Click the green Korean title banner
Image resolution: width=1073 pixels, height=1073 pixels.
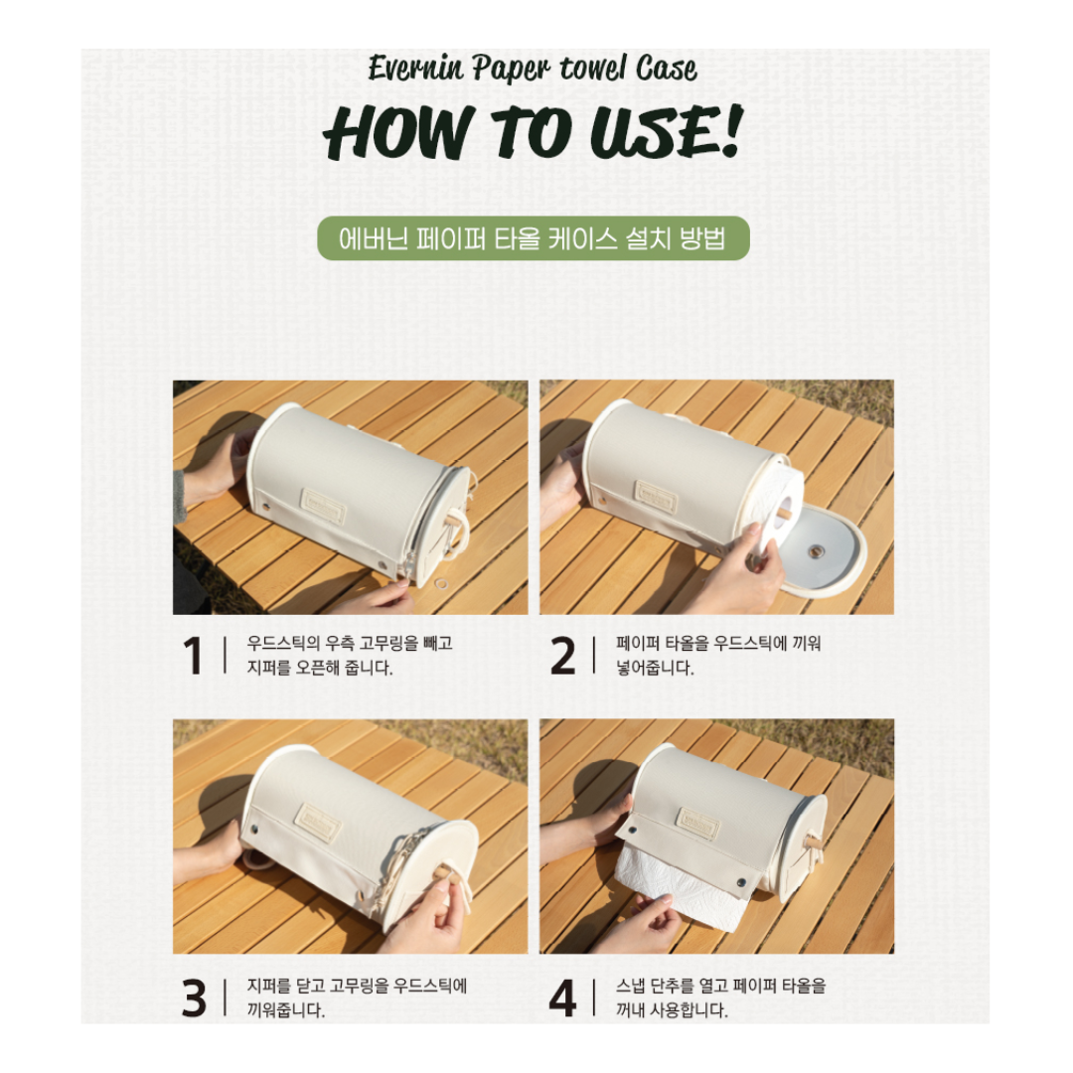(x=534, y=239)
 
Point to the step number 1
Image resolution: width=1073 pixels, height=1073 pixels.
(x=193, y=657)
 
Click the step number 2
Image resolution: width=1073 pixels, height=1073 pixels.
(x=562, y=657)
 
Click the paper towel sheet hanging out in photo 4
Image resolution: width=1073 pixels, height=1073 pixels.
(x=686, y=889)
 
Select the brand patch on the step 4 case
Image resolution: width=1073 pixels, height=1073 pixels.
(x=698, y=824)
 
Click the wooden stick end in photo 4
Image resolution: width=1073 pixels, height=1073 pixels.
(x=814, y=841)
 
